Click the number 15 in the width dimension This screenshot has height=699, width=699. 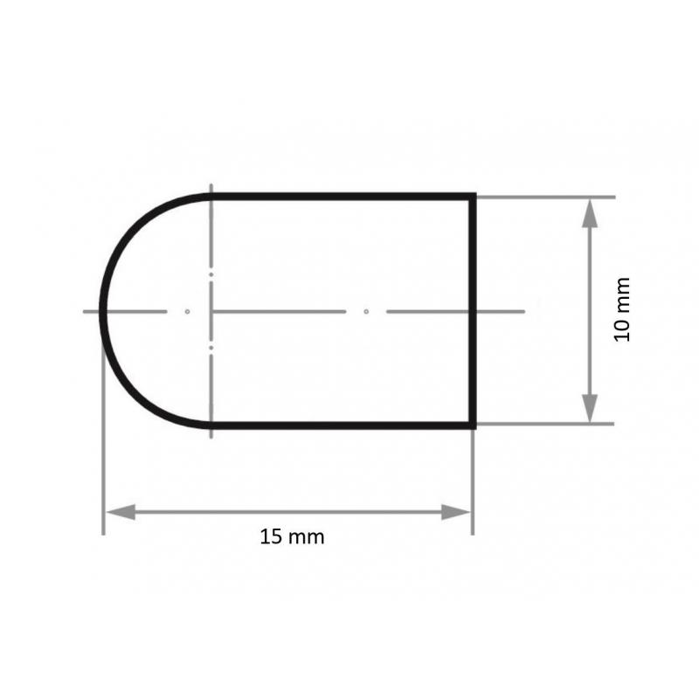coord(271,537)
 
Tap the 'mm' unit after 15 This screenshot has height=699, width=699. coord(307,537)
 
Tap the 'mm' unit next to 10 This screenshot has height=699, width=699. coord(622,295)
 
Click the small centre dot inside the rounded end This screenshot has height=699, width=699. coord(187,311)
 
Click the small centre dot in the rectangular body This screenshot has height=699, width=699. coord(367,311)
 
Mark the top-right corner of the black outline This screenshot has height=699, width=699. coord(474,197)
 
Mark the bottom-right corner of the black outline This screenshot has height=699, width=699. coord(474,426)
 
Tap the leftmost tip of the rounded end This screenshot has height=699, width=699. coord(103,311)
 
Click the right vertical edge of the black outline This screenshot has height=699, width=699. coord(474,311)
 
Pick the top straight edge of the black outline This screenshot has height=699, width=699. coord(341,197)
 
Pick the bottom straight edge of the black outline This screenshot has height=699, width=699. coord(341,426)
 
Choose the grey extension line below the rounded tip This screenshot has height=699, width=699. coord(103,454)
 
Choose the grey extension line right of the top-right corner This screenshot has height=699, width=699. coord(542,197)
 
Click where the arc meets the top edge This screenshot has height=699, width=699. coord(211,197)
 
